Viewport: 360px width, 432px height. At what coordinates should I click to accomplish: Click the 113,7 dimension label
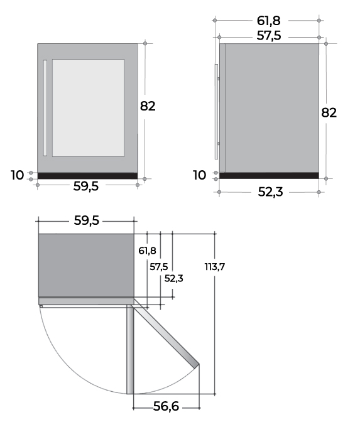click(214, 267)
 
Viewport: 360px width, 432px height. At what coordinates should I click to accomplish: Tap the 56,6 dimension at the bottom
click(166, 406)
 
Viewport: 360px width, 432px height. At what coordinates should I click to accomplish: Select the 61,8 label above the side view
click(268, 21)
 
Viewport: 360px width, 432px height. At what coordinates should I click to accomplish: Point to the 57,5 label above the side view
click(269, 36)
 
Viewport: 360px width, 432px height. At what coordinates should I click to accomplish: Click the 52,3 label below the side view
click(270, 192)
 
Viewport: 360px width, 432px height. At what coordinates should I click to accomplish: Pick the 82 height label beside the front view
click(148, 106)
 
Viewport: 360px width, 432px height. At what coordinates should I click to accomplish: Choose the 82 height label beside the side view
click(329, 112)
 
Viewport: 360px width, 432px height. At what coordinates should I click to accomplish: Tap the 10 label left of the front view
click(17, 175)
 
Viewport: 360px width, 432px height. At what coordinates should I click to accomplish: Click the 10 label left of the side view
click(199, 175)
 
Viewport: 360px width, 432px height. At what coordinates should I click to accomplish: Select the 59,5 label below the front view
click(85, 186)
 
